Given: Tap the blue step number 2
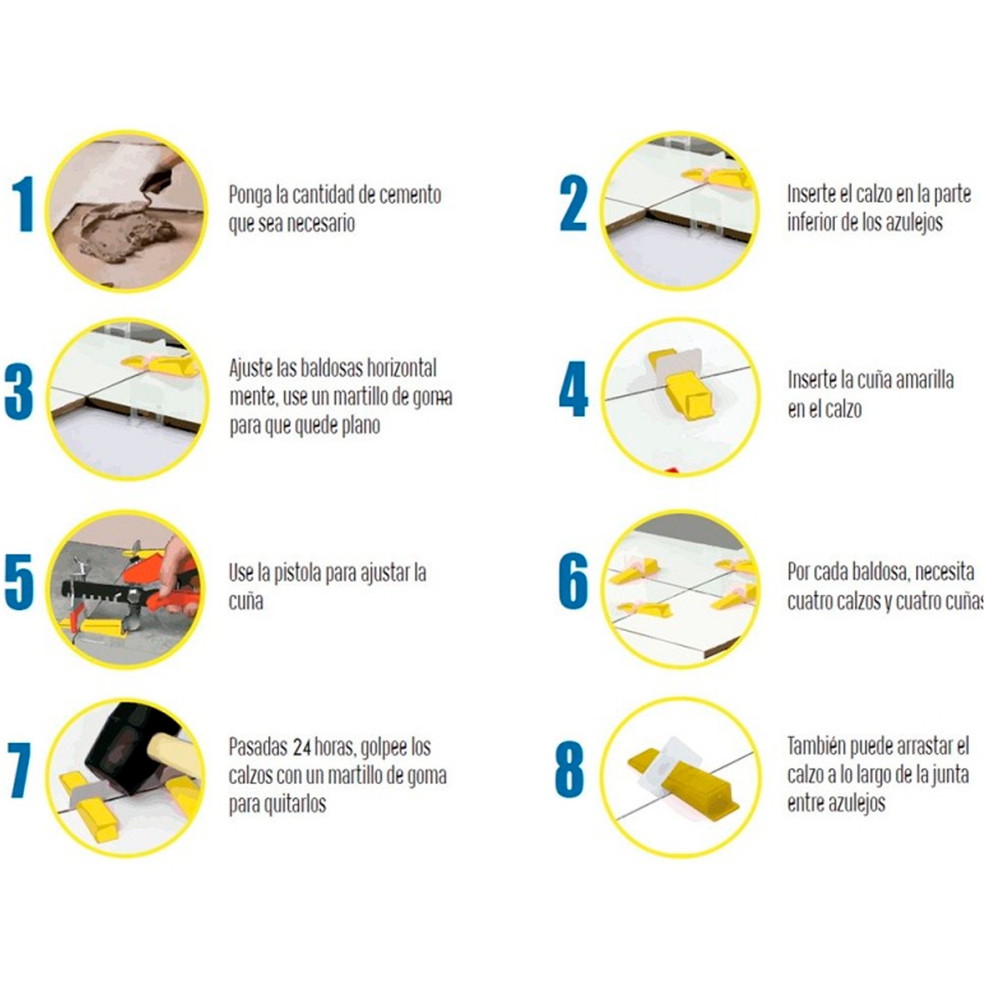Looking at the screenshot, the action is coord(573,203).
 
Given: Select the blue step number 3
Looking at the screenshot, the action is coord(19,392).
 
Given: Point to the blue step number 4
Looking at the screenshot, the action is coord(573,389).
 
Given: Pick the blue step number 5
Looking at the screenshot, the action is coord(19,582).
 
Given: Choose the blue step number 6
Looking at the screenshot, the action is coord(573,581).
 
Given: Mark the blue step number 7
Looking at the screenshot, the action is coord(20,771).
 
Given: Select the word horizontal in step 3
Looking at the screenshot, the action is coord(401,367).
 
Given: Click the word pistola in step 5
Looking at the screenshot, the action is coord(297,574).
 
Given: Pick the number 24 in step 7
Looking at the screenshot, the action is coord(302,747).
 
